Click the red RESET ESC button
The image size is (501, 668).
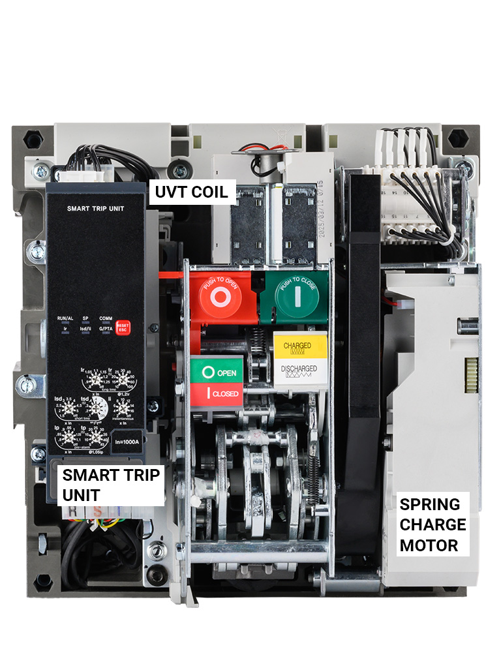point(123,326)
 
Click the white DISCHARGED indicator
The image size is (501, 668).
point(299,372)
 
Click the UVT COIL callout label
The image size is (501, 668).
point(191,192)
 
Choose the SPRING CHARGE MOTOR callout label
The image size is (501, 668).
point(433,524)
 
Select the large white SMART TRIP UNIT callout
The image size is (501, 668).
point(111,485)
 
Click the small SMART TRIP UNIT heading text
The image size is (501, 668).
point(96,209)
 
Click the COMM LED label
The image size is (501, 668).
point(105,318)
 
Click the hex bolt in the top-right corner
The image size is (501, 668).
point(459,138)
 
